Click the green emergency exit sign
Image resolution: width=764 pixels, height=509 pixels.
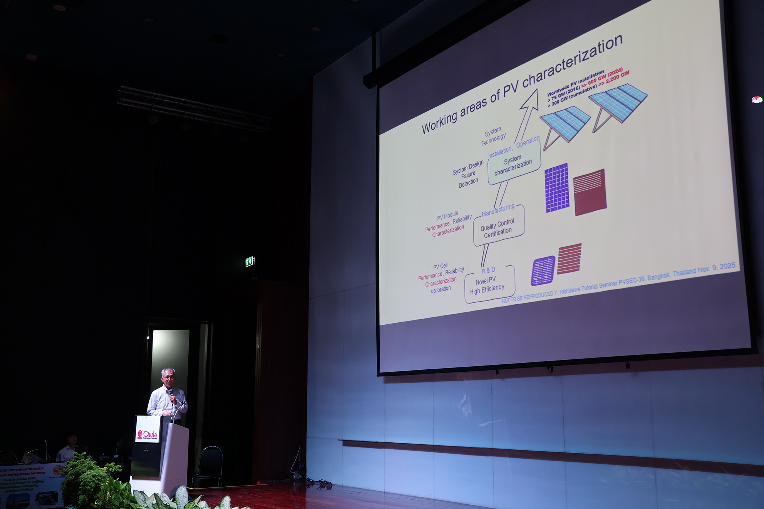pos(250,262)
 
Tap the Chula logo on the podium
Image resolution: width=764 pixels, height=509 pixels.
pos(147,435)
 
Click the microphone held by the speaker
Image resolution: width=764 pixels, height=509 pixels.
pos(171,394)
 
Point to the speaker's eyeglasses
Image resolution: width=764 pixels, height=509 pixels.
pos(169,378)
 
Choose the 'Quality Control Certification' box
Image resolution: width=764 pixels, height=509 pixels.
pos(498,228)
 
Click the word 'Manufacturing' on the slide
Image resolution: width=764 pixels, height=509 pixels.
pos(498,210)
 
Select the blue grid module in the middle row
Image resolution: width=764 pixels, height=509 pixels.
pos(557,188)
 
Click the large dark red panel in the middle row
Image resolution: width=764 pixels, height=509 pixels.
pos(590,192)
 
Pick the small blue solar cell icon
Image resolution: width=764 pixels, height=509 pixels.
pos(543,270)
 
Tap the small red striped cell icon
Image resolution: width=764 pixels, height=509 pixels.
pos(569,259)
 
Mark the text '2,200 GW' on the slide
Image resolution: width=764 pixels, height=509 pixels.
pos(618,77)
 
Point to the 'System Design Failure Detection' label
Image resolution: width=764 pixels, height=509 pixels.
pos(468,174)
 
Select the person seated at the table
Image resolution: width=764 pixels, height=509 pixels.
pos(69,448)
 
